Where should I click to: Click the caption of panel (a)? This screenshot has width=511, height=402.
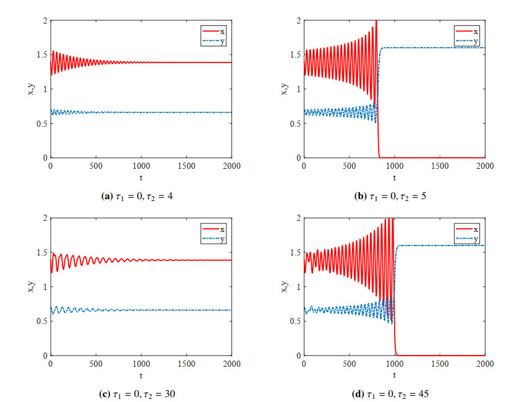coord(140,196)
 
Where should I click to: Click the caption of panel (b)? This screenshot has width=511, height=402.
coord(394,196)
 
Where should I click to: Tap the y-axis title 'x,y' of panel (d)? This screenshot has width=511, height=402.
coord(284,286)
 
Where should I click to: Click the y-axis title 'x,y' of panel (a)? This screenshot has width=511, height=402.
coord(30,89)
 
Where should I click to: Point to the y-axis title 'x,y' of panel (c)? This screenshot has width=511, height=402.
coord(30,286)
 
